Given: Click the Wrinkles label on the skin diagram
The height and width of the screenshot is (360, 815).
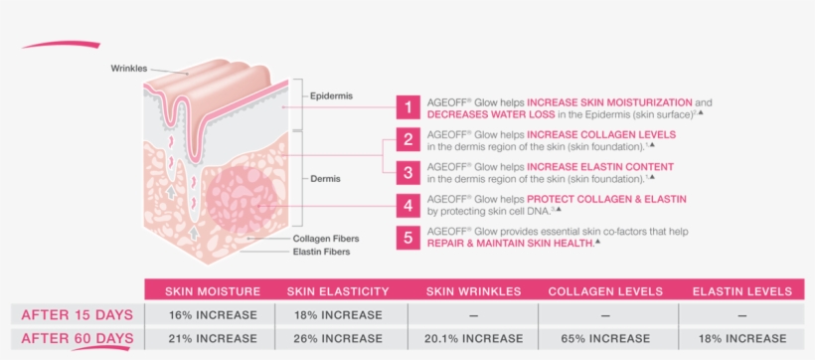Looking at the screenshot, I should (129, 68).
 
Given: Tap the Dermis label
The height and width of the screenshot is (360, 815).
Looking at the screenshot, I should (324, 179).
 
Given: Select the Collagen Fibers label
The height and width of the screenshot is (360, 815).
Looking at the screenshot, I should (326, 239).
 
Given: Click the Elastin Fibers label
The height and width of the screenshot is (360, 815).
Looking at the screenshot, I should (322, 253).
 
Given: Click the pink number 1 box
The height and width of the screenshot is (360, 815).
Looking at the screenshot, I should (407, 107).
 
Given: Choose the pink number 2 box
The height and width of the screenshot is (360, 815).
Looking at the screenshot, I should (407, 139).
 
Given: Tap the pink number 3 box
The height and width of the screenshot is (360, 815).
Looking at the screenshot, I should (407, 171).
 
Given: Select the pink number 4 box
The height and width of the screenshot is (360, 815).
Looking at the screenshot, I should (407, 205).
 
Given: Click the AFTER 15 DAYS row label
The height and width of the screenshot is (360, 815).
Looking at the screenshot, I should (76, 315).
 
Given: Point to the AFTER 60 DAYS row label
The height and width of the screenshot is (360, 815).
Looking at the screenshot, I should (76, 339).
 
